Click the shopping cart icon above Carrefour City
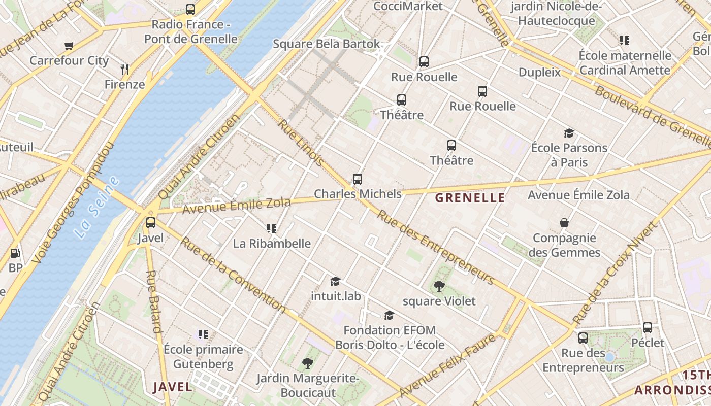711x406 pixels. coord(69,46)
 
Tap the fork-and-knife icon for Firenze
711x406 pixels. coord(124,69)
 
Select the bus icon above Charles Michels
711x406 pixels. coord(358,179)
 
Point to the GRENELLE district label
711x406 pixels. coord(470,198)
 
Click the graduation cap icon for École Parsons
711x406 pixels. coord(569,133)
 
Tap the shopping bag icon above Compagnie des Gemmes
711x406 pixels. coord(564,223)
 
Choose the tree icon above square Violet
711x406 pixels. coord(439,286)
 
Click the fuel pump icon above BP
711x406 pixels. coord(15,253)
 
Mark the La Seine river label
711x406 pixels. coord(96,207)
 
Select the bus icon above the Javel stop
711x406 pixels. coord(151,223)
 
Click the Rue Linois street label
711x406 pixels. coord(301,143)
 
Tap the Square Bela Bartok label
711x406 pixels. coord(326,44)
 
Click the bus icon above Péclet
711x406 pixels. coord(648,328)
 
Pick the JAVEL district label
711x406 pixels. coord(173,387)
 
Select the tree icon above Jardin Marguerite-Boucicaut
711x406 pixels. coord(307,363)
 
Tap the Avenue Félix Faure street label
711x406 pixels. coord(447,366)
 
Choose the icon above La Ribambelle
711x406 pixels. coord(272,228)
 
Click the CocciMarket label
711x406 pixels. coord(408,6)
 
